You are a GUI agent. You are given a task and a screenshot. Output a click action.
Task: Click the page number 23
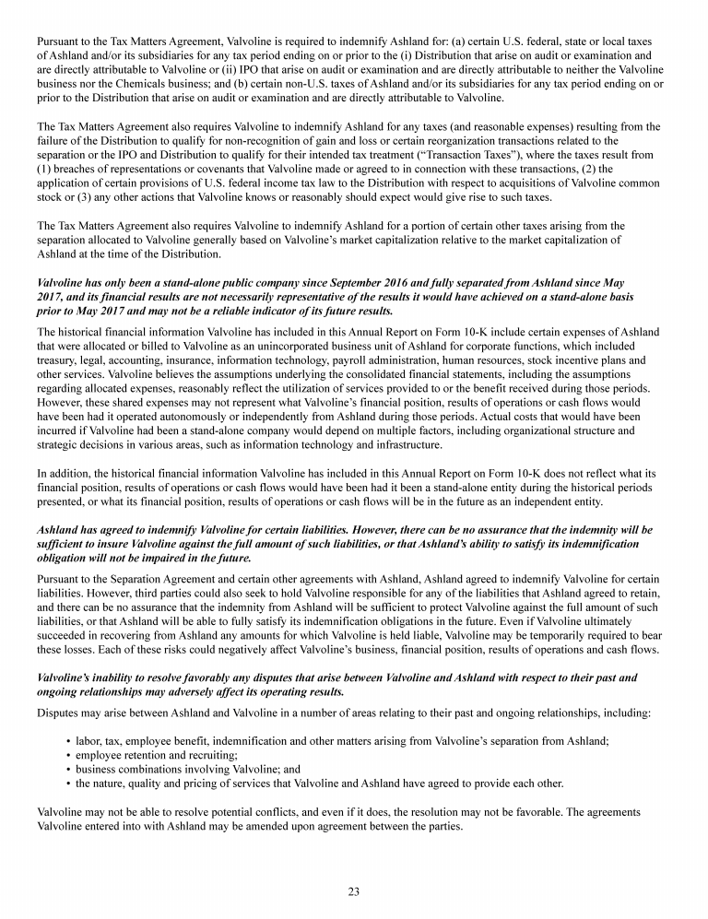pos(353,890)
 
